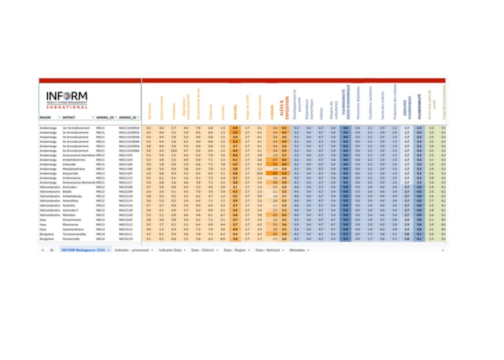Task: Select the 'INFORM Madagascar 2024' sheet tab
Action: pos(83,250)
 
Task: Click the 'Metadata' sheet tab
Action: pos(298,250)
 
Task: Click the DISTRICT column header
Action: pos(69,118)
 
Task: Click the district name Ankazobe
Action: pos(69,164)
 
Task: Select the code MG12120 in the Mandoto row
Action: pos(126,215)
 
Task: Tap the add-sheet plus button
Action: pos(43,250)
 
